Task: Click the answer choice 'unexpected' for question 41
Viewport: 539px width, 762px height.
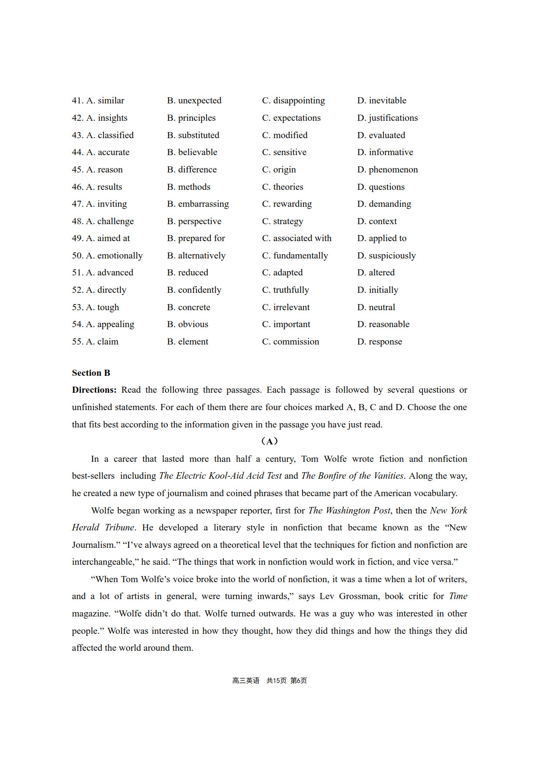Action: [x=200, y=101]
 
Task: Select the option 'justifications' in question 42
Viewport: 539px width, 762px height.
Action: [x=393, y=118]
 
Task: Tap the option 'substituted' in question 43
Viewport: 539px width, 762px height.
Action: [x=199, y=136]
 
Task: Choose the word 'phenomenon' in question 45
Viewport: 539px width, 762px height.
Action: [x=393, y=170]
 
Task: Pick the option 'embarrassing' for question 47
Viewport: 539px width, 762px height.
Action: [x=203, y=204]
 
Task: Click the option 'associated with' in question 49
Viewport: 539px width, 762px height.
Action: [x=302, y=239]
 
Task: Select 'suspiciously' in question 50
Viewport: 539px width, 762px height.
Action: [x=392, y=256]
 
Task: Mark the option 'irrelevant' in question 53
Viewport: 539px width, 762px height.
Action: [x=291, y=308]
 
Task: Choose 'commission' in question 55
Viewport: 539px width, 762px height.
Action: [x=296, y=342]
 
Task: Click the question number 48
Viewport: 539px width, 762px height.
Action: [x=77, y=222]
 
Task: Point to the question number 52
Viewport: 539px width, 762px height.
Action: [x=77, y=290]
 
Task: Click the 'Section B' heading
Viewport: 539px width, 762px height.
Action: [x=91, y=373]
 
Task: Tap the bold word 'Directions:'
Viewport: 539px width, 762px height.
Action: [x=94, y=390]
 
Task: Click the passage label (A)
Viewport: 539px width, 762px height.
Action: [x=269, y=441]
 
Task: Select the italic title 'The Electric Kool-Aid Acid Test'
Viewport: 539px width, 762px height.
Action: [x=220, y=476]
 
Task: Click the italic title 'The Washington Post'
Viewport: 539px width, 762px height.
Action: [x=349, y=511]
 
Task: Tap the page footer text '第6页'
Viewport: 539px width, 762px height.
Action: [x=299, y=681]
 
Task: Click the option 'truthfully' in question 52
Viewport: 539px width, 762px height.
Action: [x=291, y=290]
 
